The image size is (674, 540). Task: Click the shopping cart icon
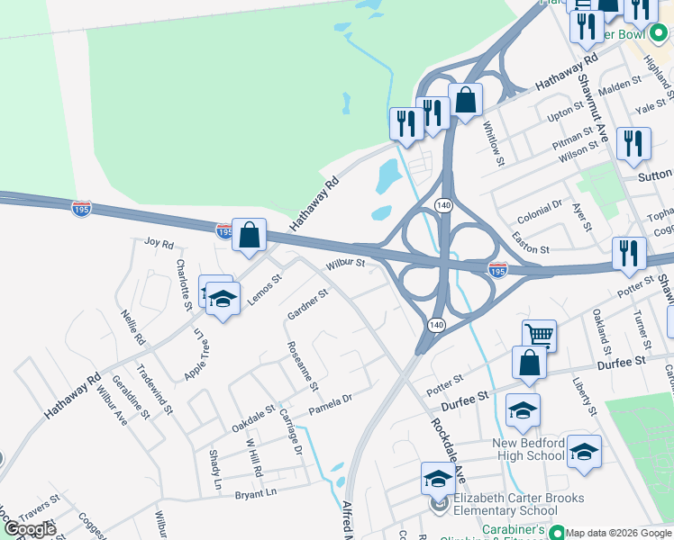[539, 336]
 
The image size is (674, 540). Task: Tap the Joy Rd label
[158, 242]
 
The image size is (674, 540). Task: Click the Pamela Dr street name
[330, 404]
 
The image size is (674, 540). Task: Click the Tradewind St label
[154, 389]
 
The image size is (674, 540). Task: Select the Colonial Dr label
[539, 213]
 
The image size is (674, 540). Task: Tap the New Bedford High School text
[529, 449]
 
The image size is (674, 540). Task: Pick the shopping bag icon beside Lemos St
[249, 236]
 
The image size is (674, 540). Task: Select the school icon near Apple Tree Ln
[222, 298]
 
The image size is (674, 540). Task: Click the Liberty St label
[587, 396]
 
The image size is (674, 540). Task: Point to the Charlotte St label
[184, 285]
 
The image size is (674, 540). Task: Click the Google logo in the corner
[30, 529]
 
